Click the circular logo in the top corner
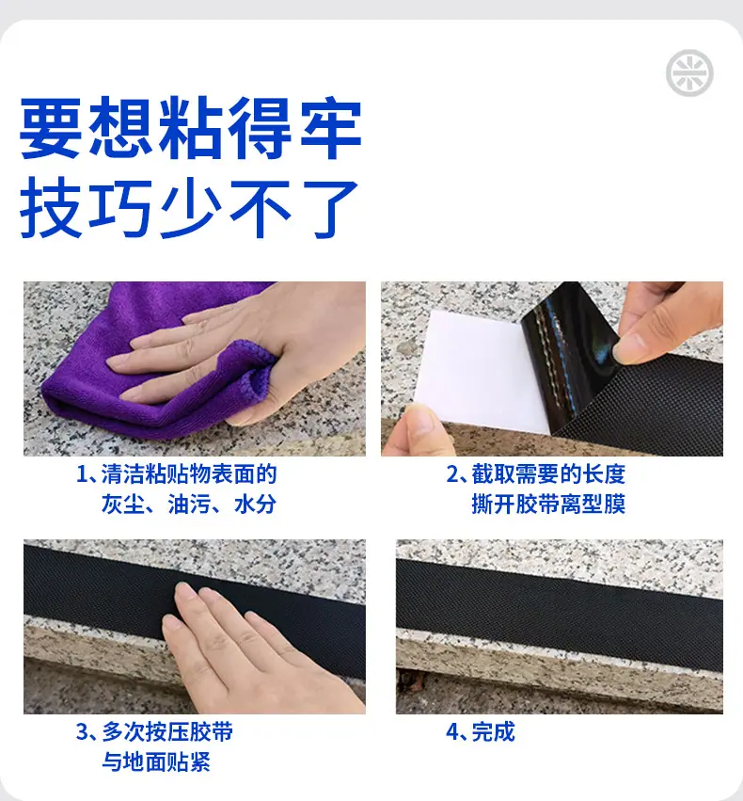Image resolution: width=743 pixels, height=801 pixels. point(689,73)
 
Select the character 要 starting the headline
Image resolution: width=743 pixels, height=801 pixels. point(51,128)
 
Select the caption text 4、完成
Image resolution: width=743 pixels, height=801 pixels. point(481,731)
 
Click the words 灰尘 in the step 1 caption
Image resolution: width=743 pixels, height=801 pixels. point(122,505)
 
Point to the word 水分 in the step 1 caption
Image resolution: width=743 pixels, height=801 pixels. point(255,505)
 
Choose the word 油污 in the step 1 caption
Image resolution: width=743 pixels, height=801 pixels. point(189,505)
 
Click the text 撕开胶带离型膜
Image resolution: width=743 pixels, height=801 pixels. point(548,505)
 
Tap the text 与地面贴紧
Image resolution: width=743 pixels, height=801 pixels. point(156,761)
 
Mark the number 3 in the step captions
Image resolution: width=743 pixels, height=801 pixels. point(82,732)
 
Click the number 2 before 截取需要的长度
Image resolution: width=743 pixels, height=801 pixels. point(452,474)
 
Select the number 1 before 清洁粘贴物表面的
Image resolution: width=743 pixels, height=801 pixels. point(81,474)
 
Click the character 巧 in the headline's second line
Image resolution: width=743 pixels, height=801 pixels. point(120,208)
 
